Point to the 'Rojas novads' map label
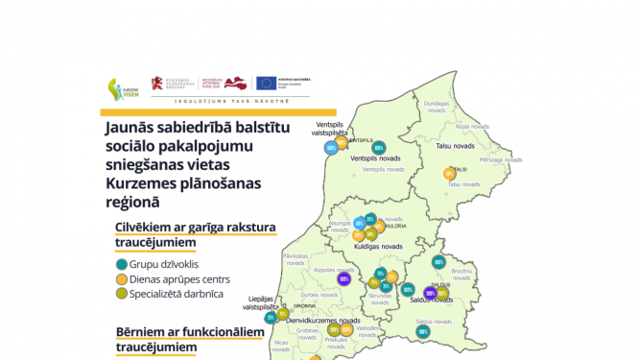[x=473, y=126]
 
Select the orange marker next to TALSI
[x=448, y=173]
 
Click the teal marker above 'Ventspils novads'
[x=380, y=148]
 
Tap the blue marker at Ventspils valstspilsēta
[x=331, y=147]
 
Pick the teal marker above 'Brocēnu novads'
[x=438, y=261]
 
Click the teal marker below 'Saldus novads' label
[x=423, y=331]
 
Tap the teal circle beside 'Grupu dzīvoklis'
[x=121, y=264]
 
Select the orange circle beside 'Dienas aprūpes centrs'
[x=121, y=279]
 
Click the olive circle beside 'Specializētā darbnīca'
[x=121, y=294]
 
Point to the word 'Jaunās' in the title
[x=130, y=125]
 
